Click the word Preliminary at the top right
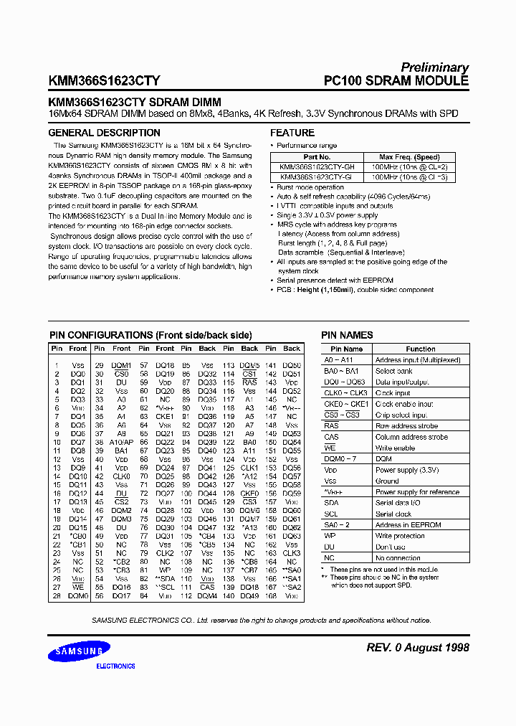tap(434, 67)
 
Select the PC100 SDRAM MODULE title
tap(396, 81)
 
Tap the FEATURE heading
tap(292, 133)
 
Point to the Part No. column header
tap(316, 157)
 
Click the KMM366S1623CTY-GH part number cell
tap(316, 166)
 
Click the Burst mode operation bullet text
tap(310, 187)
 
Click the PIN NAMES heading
tap(347, 335)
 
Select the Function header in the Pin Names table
tap(421, 349)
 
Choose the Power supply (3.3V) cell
tap(407, 471)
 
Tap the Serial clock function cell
tap(393, 514)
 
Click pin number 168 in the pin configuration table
tap(270, 595)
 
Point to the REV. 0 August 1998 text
tap(417, 647)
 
